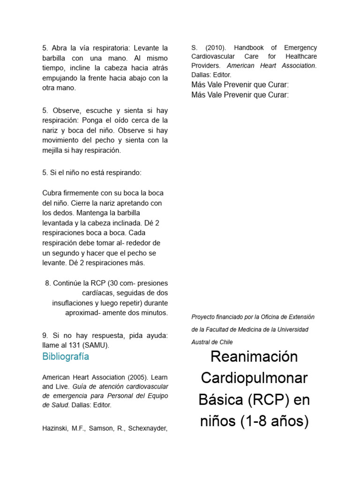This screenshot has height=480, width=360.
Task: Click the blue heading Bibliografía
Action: click(66, 357)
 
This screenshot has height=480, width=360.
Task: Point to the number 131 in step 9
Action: click(73, 345)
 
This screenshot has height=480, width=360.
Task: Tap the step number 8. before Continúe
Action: click(48, 283)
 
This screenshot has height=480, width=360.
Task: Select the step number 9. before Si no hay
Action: click(45, 336)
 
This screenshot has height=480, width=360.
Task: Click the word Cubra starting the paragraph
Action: click(52, 193)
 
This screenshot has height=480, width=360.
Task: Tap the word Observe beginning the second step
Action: click(67, 111)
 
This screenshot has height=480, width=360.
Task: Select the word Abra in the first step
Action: click(60, 48)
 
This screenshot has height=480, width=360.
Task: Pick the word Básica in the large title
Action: click(218, 400)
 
